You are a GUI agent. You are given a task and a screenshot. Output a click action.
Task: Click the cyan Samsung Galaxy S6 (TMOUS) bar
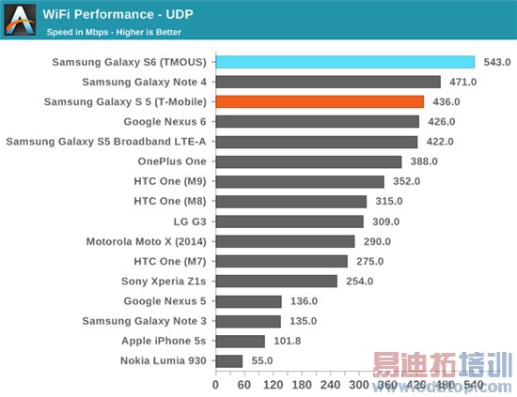pos(345,62)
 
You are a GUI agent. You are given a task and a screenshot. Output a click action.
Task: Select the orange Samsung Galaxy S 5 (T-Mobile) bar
pos(320,101)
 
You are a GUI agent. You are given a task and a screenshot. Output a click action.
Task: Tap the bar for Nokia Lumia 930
pos(229,360)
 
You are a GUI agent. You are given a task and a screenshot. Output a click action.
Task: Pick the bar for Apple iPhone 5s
pos(241,341)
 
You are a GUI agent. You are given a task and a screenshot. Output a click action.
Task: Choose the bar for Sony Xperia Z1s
pos(276,281)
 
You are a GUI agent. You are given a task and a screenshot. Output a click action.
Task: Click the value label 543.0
pos(496,62)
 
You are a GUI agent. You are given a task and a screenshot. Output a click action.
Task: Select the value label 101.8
pos(286,341)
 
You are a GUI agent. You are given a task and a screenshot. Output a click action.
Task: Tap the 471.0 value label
pos(462,82)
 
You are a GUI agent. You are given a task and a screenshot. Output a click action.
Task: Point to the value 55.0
pos(262,360)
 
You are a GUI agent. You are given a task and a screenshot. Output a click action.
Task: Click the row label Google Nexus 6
pos(164,122)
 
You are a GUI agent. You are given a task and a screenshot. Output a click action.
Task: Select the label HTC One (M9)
pos(169,181)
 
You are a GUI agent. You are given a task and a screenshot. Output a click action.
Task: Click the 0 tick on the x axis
pos(216,384)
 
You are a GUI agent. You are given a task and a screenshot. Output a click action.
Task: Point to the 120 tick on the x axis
pos(274,384)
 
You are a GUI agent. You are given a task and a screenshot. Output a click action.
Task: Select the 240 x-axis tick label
pos(331,384)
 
